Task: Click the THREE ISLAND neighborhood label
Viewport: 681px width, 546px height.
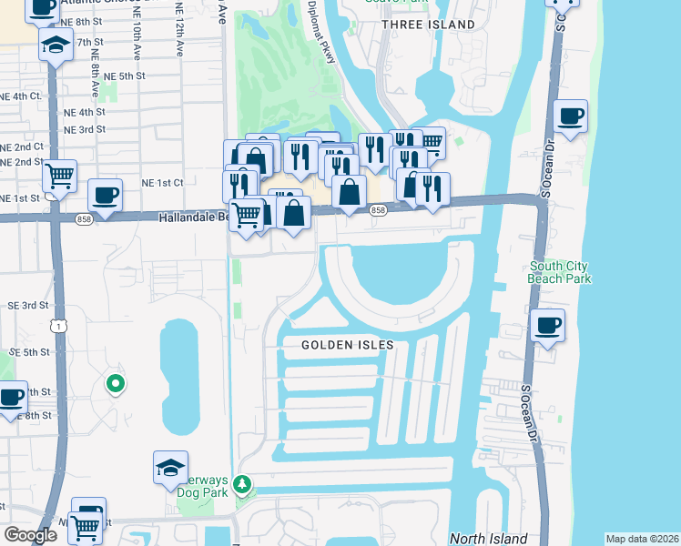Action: tap(428, 25)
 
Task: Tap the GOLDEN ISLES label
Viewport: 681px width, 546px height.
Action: tap(349, 345)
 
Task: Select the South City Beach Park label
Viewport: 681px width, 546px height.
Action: tap(560, 272)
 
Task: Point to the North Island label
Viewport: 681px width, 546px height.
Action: tap(488, 538)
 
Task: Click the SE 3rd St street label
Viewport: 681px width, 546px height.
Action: tap(27, 306)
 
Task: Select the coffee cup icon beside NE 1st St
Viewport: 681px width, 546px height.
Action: tap(105, 195)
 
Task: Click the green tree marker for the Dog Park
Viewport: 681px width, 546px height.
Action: tap(242, 483)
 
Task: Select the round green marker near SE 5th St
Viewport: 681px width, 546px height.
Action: tap(115, 384)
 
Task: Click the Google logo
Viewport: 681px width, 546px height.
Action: tap(30, 535)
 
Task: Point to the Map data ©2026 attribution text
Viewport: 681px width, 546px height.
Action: tap(642, 539)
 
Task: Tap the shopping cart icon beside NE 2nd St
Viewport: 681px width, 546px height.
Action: tap(59, 176)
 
